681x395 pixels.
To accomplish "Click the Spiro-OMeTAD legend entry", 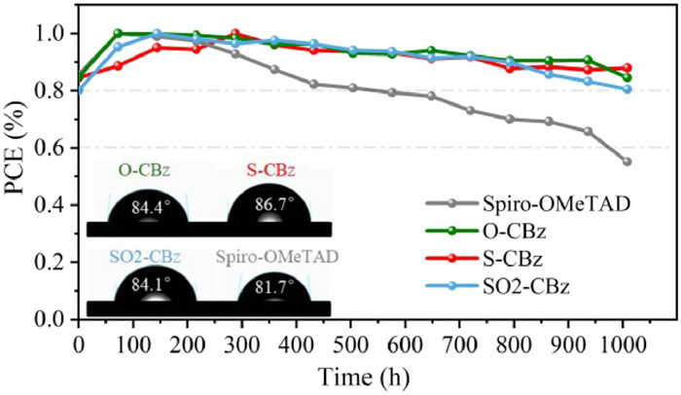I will [x=544, y=204].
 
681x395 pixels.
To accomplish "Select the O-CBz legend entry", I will [x=513, y=232].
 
